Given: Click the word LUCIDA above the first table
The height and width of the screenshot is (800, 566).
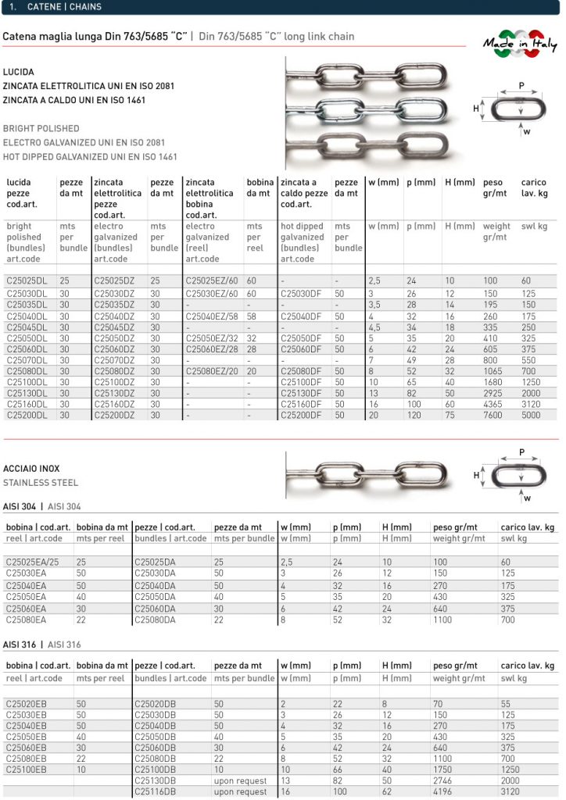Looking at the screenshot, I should (x=19, y=72).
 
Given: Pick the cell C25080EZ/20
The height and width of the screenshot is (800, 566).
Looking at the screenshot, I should (x=212, y=371).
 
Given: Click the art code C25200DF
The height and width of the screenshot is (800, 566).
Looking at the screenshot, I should (x=300, y=416).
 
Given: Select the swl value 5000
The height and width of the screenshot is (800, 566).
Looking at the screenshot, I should (x=532, y=416).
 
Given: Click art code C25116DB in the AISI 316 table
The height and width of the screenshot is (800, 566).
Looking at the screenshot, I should (x=158, y=791).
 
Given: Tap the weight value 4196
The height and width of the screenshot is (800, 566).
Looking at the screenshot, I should (x=444, y=791).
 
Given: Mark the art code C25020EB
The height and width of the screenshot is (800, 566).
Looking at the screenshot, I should (x=27, y=704).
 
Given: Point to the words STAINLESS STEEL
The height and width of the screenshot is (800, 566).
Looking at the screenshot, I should (x=41, y=483).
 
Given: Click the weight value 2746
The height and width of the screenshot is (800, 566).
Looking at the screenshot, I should (x=444, y=780).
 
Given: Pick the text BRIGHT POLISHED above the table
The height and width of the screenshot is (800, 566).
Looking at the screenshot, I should (x=41, y=128).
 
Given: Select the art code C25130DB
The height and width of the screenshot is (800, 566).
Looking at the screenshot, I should (x=158, y=780).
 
